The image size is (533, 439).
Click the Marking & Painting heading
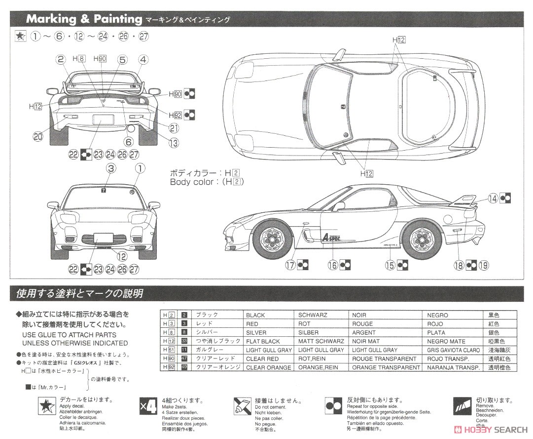(84, 19)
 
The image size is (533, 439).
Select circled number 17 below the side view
(290, 265)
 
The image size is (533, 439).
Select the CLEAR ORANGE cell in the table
(269, 367)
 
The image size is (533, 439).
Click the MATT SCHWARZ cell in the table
(321, 341)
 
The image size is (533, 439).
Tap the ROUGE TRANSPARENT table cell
(384, 359)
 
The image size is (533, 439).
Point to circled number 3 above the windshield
(111, 169)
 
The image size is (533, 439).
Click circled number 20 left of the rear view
(38, 137)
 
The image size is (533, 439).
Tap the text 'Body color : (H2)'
(207, 182)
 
